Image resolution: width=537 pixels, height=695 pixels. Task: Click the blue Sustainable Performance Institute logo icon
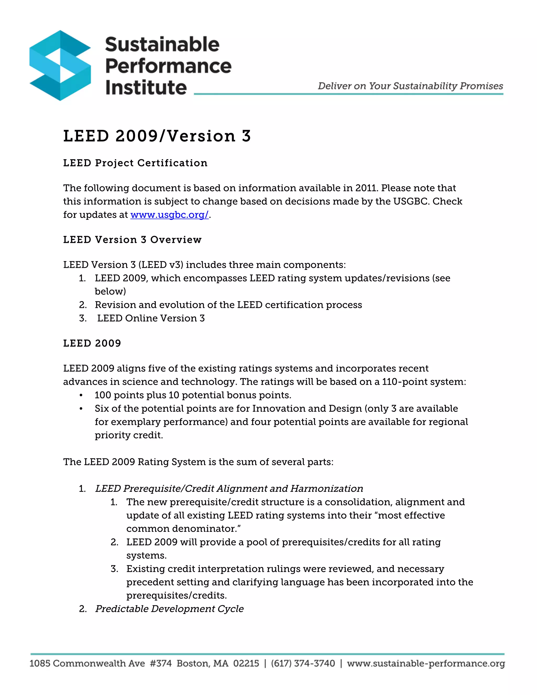[60, 66]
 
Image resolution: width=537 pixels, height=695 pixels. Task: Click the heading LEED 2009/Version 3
[157, 136]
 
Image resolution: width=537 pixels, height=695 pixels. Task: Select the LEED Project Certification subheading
[135, 163]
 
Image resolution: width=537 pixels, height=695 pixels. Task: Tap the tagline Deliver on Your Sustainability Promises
[410, 86]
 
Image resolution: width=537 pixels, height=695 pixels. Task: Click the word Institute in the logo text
[146, 88]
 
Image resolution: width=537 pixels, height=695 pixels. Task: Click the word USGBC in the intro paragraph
[410, 201]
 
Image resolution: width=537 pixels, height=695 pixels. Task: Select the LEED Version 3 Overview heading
[132, 240]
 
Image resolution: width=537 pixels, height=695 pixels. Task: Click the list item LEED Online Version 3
[151, 318]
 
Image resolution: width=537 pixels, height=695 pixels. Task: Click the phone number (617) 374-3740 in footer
[303, 664]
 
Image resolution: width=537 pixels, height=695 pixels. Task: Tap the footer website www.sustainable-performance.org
[426, 664]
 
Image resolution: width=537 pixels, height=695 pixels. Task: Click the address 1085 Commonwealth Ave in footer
[87, 664]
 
